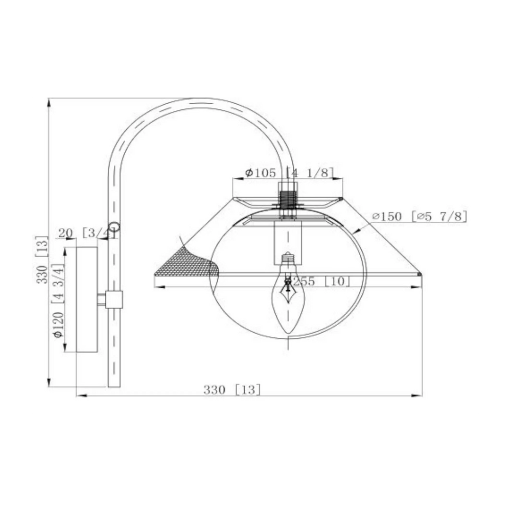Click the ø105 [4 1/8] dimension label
coord(289,172)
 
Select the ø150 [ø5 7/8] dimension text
coord(420,216)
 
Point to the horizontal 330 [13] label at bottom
coord(232,389)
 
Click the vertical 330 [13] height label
coord(42,260)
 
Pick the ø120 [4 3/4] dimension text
coord(58,301)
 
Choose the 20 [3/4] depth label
coord(86,233)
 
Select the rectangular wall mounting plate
coord(87,299)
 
